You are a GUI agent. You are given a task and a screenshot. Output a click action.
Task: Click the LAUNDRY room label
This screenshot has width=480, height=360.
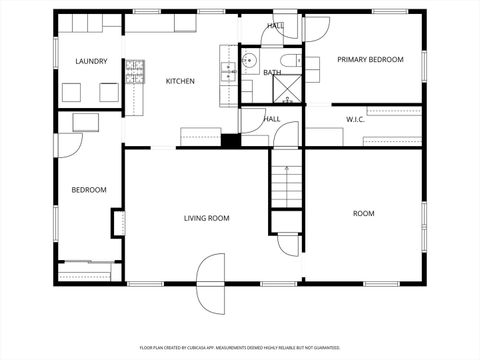(91, 62)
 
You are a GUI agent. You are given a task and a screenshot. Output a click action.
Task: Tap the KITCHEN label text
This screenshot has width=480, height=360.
(180, 81)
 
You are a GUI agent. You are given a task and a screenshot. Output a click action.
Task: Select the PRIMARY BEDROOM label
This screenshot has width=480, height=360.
(370, 60)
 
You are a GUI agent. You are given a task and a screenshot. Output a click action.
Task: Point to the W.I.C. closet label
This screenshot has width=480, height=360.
(359, 120)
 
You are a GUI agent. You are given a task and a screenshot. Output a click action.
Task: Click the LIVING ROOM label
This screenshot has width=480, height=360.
(207, 218)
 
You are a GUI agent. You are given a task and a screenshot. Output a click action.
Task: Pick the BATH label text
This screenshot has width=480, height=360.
(272, 73)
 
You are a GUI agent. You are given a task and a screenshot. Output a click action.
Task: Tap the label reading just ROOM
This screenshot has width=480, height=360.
(363, 213)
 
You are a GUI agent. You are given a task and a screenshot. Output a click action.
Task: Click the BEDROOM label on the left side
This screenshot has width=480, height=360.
(88, 190)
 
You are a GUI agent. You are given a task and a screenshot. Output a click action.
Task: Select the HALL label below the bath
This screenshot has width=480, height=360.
(272, 119)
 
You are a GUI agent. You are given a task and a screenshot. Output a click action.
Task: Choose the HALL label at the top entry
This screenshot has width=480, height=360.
(275, 26)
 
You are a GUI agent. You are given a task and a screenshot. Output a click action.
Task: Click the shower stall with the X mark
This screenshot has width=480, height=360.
(289, 92)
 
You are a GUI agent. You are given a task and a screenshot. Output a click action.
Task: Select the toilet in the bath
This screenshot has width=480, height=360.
(291, 62)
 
